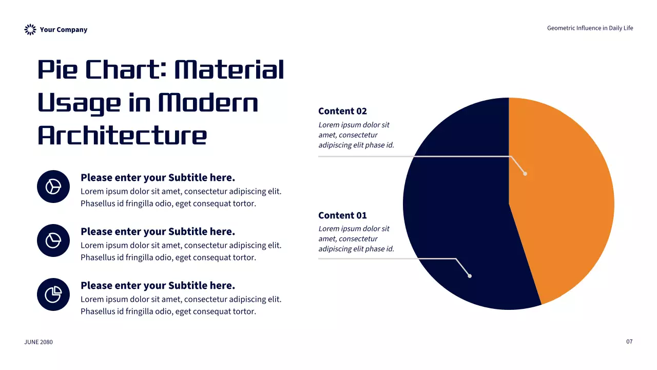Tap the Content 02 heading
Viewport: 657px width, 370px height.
(342, 111)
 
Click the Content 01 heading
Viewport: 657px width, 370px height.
(342, 215)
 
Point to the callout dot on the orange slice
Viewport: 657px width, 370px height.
(525, 174)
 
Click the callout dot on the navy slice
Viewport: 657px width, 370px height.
(470, 276)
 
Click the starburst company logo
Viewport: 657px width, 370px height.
(30, 29)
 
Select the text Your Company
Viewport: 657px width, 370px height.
(63, 30)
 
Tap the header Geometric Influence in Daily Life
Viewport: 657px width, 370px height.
(590, 28)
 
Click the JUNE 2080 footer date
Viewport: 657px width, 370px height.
(38, 342)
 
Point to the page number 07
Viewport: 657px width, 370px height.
(629, 342)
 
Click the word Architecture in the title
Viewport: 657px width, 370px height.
(122, 135)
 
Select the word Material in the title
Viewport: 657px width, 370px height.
(229, 69)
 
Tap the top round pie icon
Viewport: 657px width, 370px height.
(53, 187)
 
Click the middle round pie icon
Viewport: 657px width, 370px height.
(53, 240)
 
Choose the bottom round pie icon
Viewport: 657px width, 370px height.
(53, 294)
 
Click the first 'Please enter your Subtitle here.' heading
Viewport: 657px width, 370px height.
(158, 178)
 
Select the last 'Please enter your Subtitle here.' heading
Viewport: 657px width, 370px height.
(158, 285)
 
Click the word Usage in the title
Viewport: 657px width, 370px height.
(79, 103)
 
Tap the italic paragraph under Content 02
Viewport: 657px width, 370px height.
(356, 135)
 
